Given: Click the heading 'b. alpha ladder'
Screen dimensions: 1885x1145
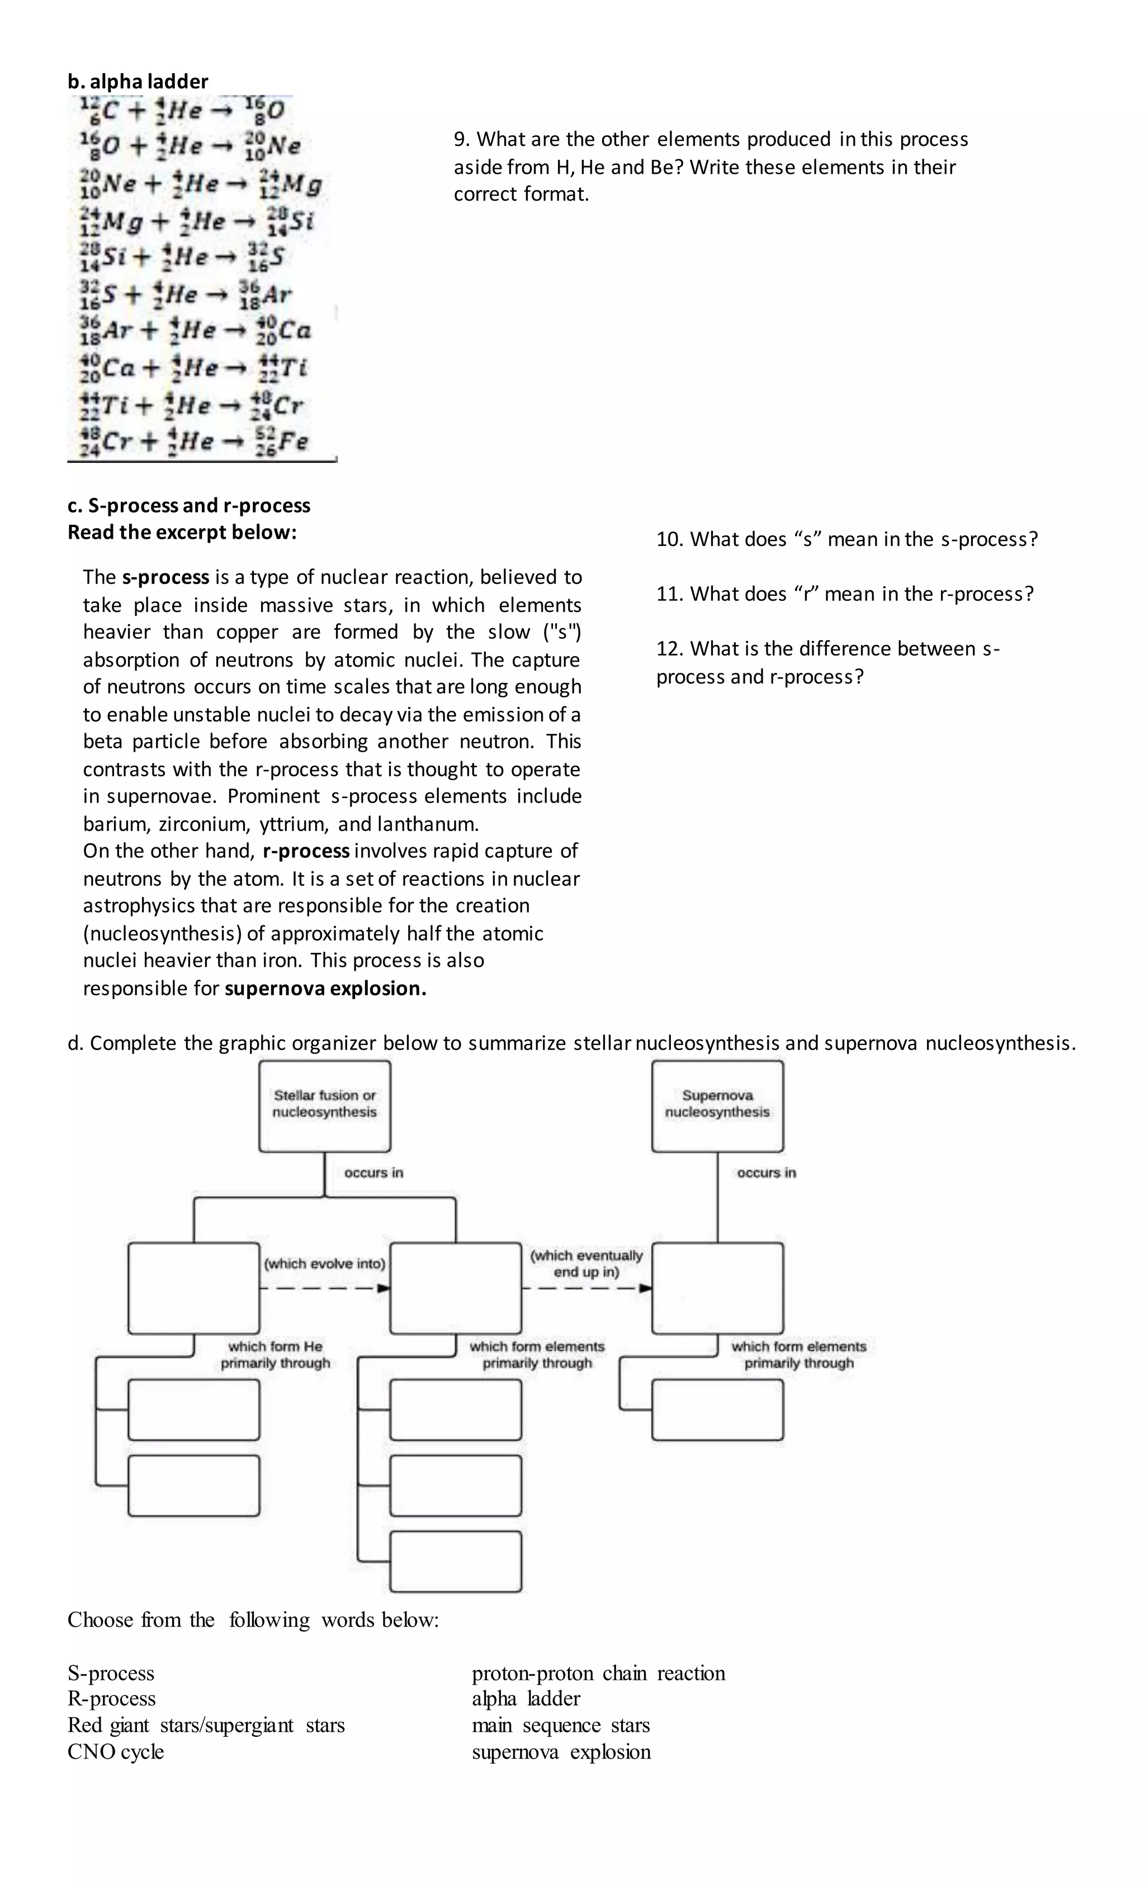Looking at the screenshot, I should click(138, 81).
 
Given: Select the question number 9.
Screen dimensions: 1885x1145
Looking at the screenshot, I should click(461, 139).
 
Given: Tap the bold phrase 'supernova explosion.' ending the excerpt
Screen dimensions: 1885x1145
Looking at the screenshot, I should click(325, 989).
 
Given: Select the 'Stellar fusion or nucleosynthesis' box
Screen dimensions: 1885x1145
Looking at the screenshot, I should click(324, 1105).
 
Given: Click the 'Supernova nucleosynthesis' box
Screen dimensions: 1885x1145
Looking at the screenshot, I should click(717, 1105).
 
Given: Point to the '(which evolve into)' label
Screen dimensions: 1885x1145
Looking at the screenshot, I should click(324, 1264).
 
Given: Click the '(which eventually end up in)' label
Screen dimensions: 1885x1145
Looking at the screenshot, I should click(586, 1264).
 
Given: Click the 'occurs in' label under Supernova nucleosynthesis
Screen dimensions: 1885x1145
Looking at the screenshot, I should click(766, 1173).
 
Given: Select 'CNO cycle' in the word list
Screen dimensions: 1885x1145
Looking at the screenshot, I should click(116, 1752).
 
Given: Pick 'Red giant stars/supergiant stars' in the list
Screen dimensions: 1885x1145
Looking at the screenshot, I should click(206, 1725).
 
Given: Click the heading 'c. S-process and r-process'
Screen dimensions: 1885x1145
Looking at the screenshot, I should click(188, 506).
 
